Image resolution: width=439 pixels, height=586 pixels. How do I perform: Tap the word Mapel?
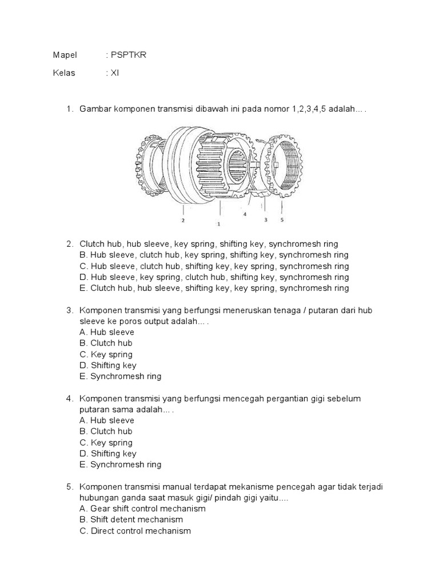click(64, 54)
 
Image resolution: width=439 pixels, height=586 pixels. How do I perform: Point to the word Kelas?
click(64, 73)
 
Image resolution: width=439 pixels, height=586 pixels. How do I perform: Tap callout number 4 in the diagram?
click(244, 214)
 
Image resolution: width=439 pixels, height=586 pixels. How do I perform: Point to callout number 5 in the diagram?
click(282, 219)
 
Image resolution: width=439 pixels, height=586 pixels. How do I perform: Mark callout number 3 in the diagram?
click(266, 219)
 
